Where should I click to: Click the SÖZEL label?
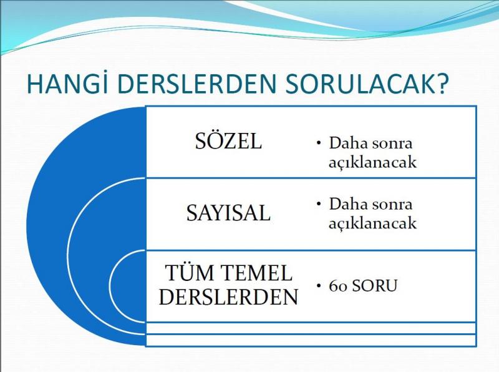click(228, 140)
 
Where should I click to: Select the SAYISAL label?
click(228, 213)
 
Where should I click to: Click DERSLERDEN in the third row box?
click(228, 297)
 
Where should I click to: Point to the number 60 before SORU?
click(338, 286)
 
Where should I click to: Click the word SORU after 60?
click(375, 286)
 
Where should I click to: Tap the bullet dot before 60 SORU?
click(319, 285)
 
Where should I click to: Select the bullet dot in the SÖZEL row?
click(319, 143)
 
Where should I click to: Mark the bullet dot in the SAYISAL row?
click(319, 203)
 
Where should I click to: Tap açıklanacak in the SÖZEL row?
click(372, 162)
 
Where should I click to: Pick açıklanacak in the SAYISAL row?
click(372, 223)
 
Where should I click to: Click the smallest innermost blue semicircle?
click(127, 286)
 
